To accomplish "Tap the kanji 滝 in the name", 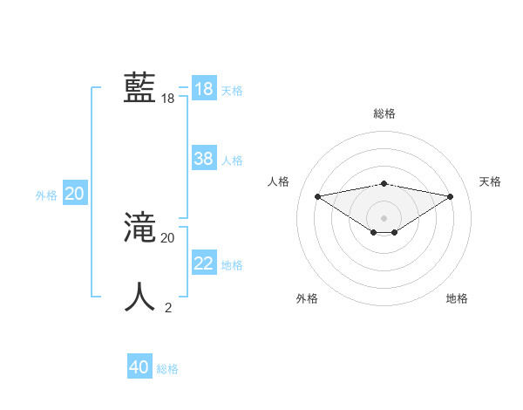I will tap(139, 229).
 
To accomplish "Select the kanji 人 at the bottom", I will tap(139, 297).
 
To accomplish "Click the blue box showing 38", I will tap(204, 159).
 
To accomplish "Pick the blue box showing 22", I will tap(204, 263).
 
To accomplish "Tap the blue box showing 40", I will tap(139, 367).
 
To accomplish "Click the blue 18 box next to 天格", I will tap(204, 89).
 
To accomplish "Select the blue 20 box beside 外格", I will tap(74, 194).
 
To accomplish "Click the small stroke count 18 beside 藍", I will tap(168, 99).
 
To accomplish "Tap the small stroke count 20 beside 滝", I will tap(168, 237).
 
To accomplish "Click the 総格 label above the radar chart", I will tap(384, 113).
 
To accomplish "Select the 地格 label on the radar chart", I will tap(457, 298).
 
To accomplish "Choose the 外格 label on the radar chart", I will tap(307, 298).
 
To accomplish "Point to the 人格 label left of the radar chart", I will tap(278, 181).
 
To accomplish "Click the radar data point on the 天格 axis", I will tap(451, 195).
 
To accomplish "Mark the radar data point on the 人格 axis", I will tap(317, 195).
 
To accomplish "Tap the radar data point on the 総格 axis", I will tap(384, 183).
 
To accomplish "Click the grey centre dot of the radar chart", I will tap(384, 217).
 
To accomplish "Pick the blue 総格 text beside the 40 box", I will tap(167, 369).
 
